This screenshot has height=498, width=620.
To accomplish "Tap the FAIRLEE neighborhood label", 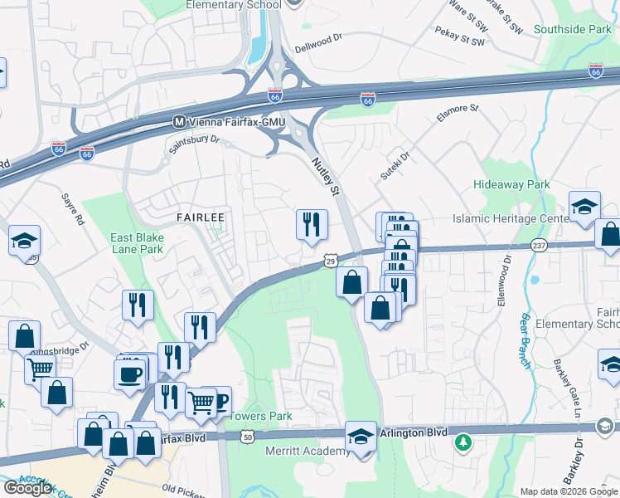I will point(201,217).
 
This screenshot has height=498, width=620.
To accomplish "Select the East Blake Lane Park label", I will point(137,242).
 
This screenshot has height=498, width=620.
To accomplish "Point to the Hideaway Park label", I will point(511,183).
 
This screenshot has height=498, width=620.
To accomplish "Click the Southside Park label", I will point(572,29).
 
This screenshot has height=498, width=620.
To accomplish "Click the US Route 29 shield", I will point(329,261).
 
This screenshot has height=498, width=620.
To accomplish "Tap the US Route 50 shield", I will point(247,435).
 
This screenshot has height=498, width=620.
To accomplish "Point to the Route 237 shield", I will point(539,245).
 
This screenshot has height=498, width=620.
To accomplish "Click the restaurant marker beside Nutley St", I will point(312,224).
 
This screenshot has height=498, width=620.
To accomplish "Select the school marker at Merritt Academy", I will point(361,437).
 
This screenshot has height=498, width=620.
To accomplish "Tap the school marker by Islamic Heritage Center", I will point(584,207).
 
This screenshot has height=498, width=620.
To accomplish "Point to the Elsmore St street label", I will point(458,113).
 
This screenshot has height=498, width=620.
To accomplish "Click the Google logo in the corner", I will point(27,487).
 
